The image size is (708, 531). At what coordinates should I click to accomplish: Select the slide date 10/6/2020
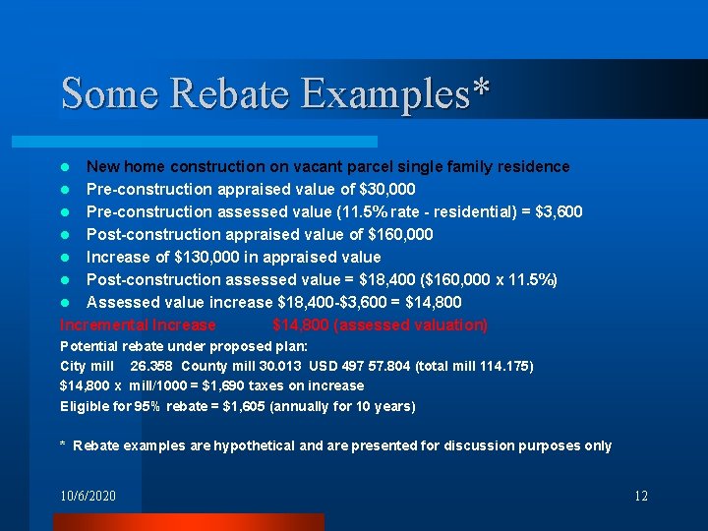pos(88,496)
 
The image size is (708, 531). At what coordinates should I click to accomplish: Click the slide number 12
pos(641,496)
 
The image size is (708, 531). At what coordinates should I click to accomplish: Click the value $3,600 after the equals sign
pos(560,211)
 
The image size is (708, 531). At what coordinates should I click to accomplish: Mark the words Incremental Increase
pos(138,324)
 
